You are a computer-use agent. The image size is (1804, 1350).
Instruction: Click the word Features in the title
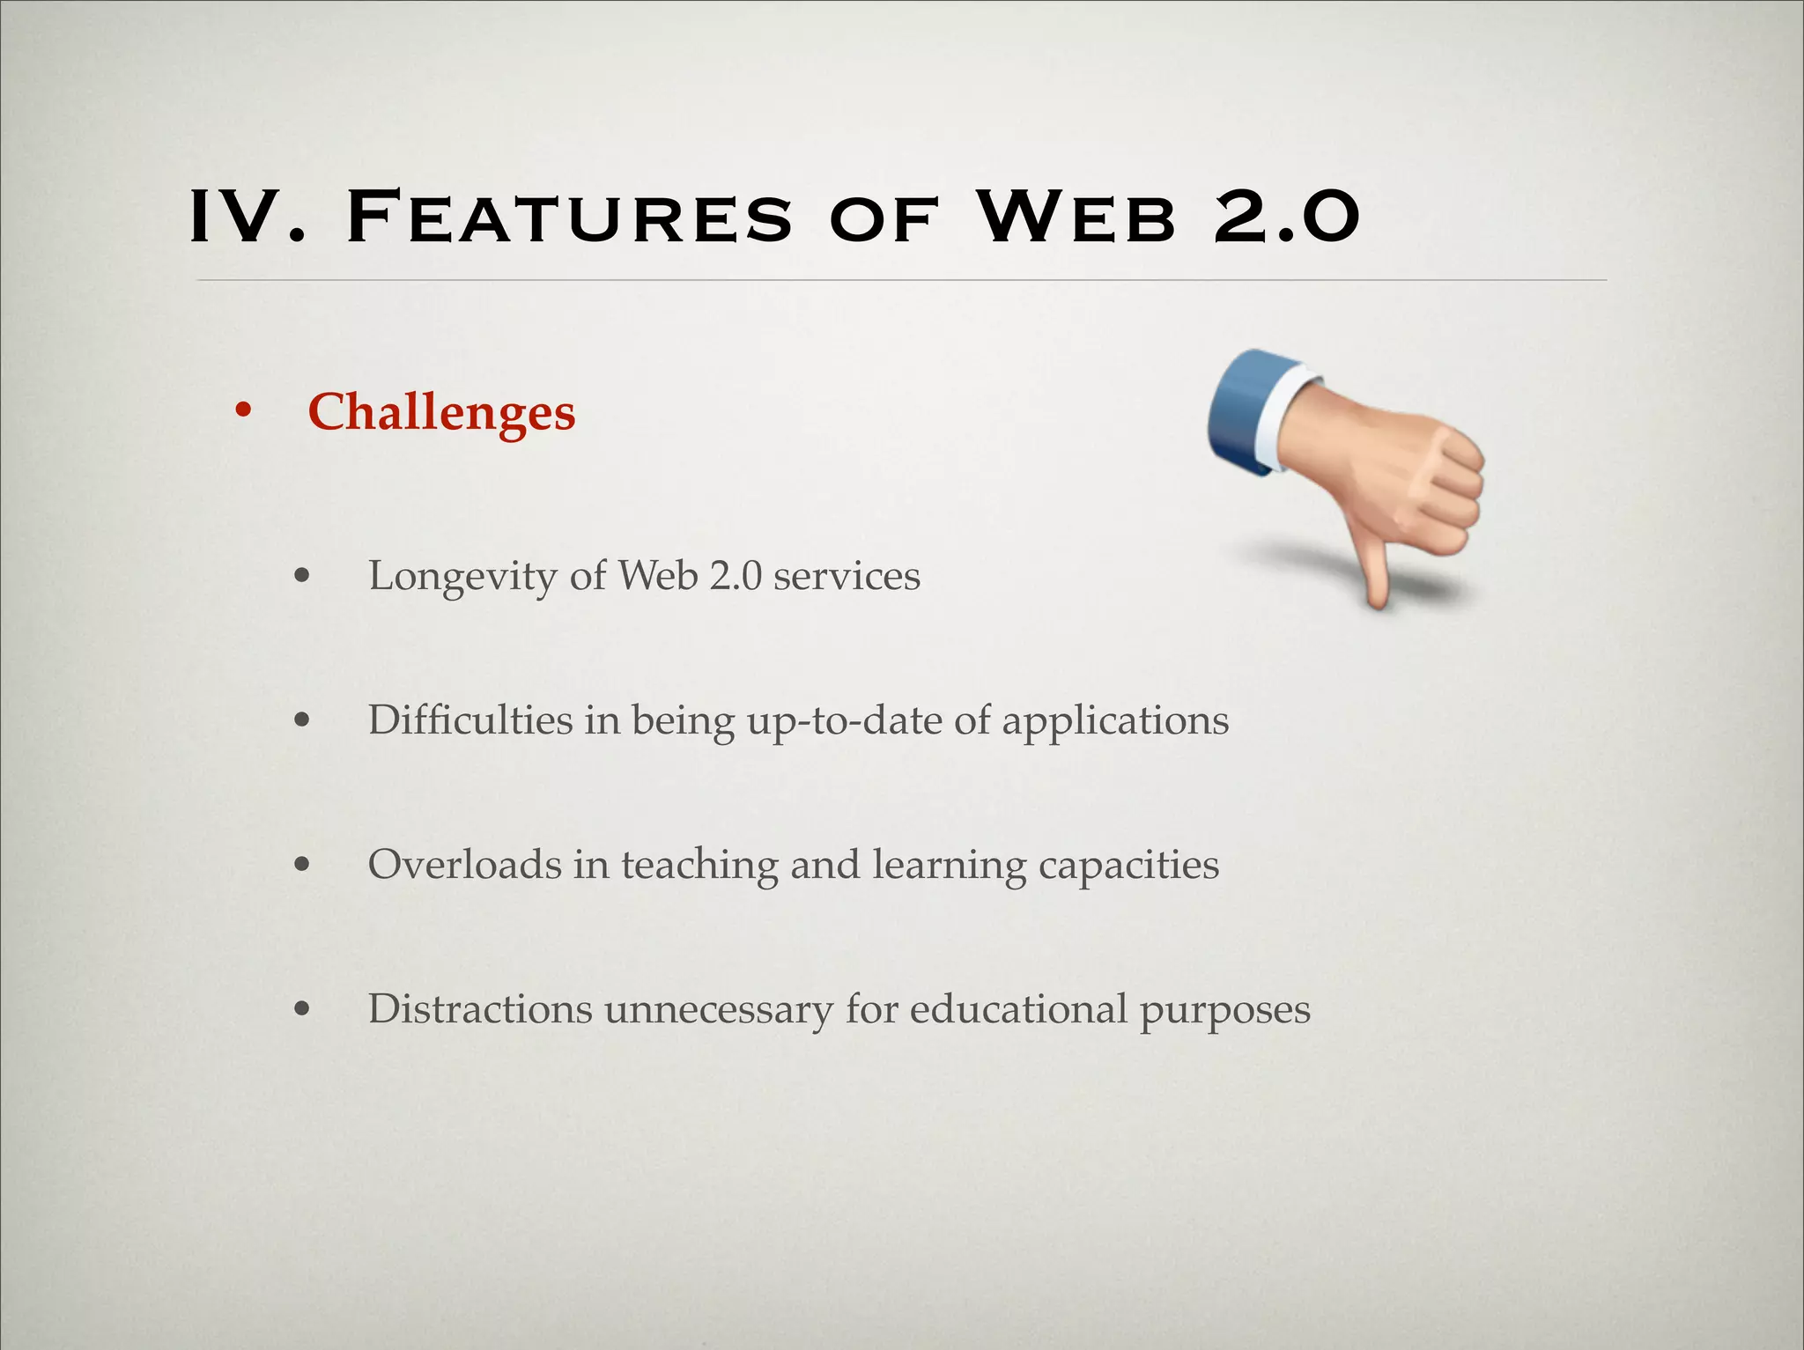pos(570,217)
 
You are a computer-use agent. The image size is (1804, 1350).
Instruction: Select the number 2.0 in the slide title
pos(1287,217)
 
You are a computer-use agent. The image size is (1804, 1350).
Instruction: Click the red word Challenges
pos(441,412)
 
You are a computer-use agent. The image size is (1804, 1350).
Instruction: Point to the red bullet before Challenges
pos(243,410)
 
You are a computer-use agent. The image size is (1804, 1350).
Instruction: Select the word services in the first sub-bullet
pos(847,576)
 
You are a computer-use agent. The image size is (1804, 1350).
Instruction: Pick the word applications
pos(1115,722)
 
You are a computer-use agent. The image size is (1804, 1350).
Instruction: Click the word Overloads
pos(464,864)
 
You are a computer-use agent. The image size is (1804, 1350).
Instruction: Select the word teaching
pos(699,866)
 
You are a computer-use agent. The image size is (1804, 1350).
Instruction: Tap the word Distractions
pos(480,1008)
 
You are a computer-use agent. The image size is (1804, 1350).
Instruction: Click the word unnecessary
pos(718,1010)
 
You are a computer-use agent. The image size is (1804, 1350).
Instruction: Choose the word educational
pos(1018,1008)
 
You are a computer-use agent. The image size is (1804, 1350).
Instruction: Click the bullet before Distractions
pos(302,1009)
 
